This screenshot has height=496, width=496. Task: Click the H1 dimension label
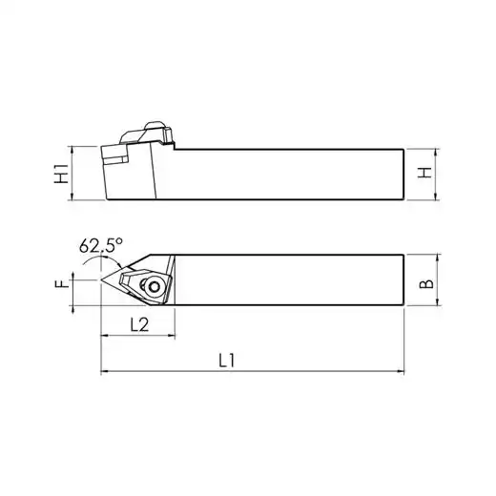[61, 174]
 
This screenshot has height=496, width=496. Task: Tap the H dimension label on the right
[424, 173]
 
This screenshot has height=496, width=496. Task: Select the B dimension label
[426, 283]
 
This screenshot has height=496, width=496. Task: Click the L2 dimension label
[139, 324]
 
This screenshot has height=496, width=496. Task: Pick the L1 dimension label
[227, 361]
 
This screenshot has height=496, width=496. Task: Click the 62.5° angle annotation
[101, 245]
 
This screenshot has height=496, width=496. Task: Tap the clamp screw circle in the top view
[155, 287]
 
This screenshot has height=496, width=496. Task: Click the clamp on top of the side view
[147, 133]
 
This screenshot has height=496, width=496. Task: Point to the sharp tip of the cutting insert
[101, 280]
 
